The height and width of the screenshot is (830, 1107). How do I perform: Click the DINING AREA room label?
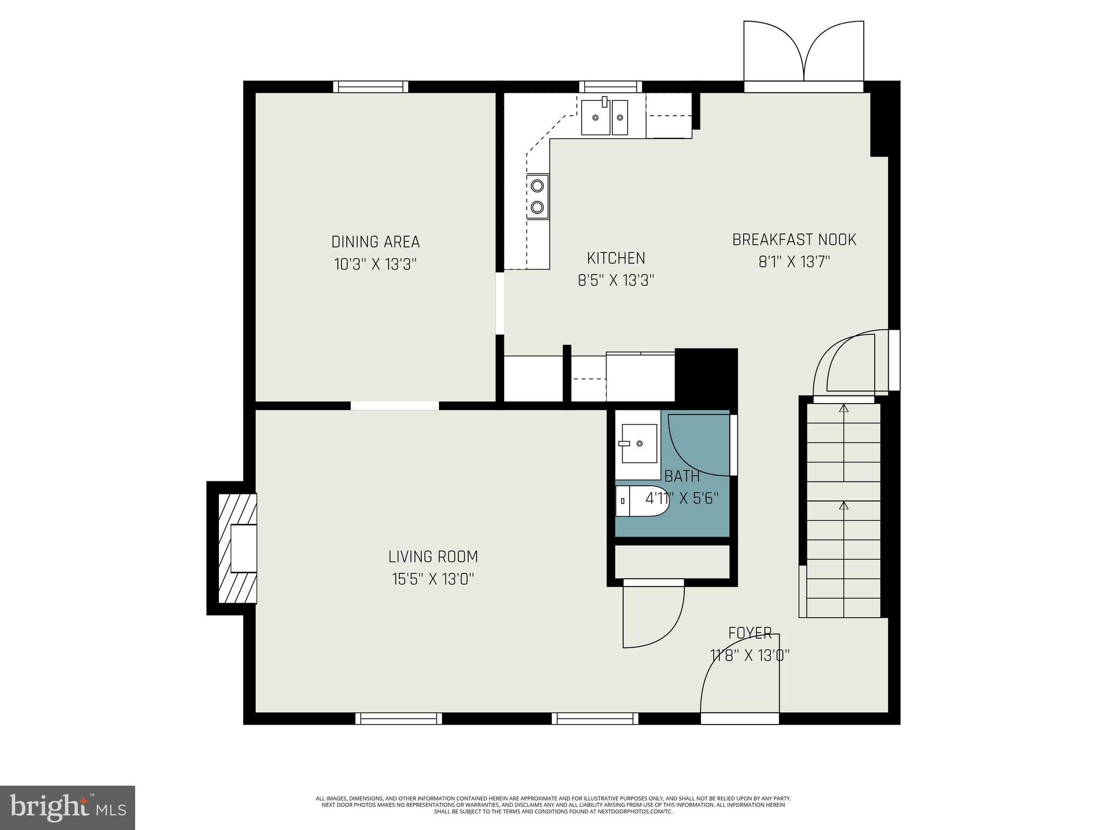point(375,241)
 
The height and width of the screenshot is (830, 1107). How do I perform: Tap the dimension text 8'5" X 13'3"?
point(616,281)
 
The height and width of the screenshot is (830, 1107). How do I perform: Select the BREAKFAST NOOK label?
point(793,239)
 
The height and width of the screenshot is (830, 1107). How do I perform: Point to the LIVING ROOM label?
point(433,557)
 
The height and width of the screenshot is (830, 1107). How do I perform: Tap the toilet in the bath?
point(641,501)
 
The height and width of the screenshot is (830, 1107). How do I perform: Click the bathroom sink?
point(639,444)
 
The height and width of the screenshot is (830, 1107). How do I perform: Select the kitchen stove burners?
point(537,197)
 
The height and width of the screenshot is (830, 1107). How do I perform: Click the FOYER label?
point(749,633)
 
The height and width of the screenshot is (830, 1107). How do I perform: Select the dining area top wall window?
point(370,86)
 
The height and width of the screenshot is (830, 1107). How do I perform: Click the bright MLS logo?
point(67,807)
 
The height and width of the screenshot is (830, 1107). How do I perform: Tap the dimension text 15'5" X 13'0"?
point(433,580)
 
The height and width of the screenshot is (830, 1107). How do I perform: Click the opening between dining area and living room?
point(395,405)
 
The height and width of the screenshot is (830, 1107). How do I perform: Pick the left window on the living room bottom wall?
point(398,718)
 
